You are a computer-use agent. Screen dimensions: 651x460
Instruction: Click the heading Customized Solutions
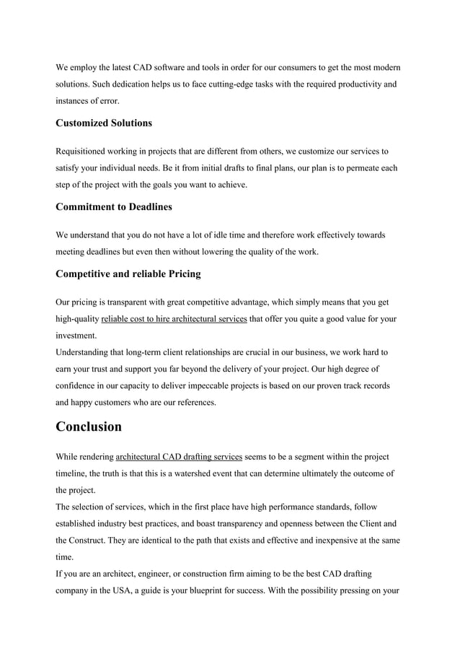point(104,123)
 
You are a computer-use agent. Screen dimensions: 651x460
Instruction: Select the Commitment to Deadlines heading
point(114,207)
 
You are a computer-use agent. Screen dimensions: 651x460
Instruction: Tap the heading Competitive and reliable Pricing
point(128,274)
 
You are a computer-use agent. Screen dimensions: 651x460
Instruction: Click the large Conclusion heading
point(89,427)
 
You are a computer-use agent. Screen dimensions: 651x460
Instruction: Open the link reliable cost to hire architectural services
point(174,319)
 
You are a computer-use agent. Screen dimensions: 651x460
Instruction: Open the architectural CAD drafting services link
point(179,457)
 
